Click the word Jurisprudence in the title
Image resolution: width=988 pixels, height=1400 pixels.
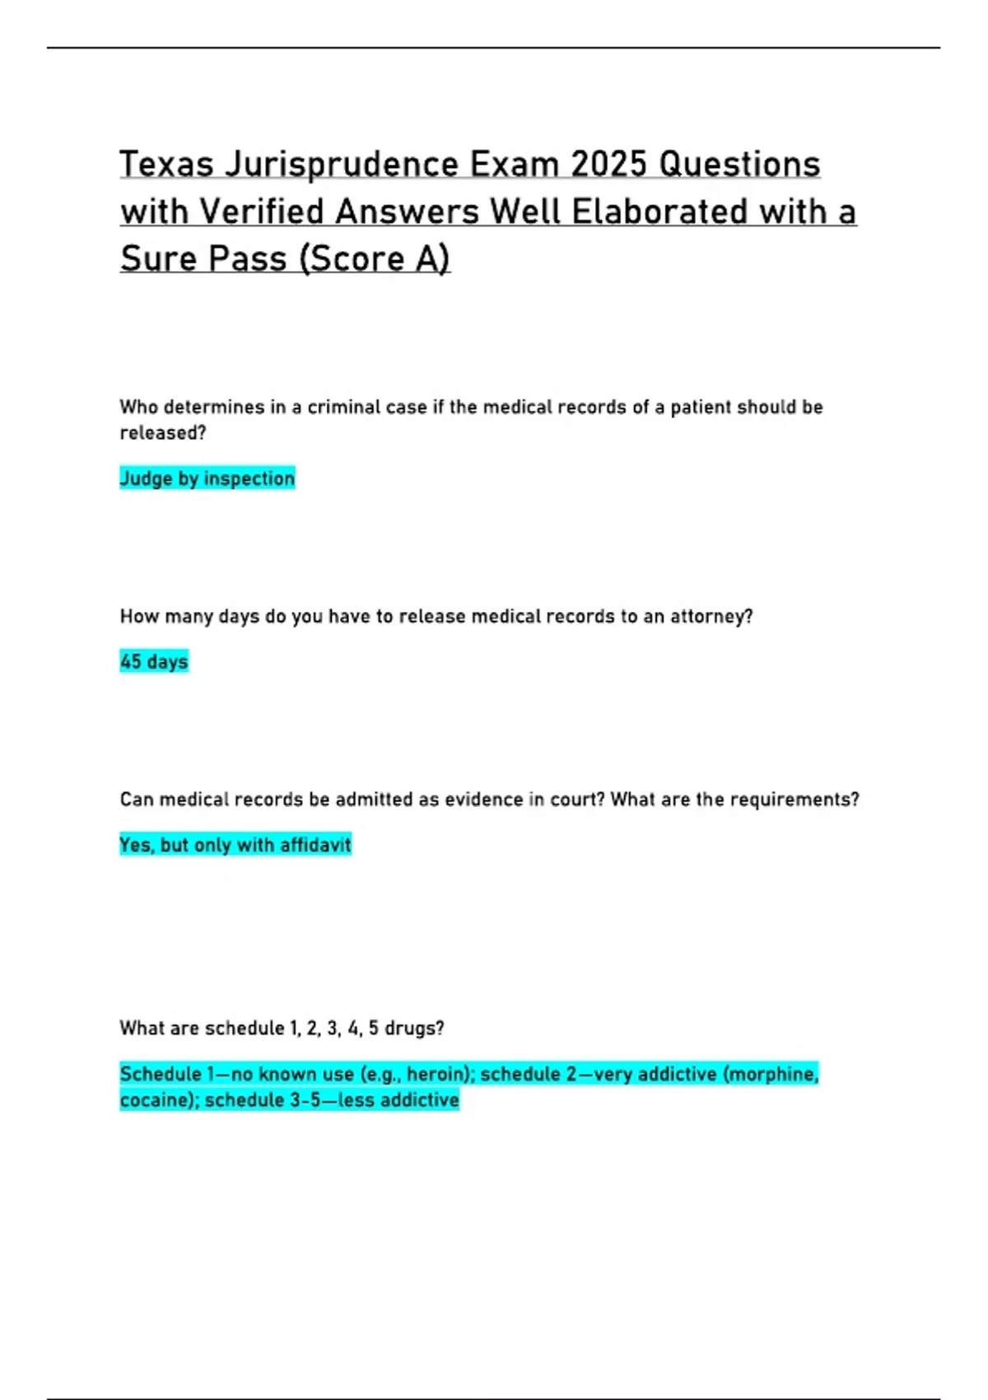342,165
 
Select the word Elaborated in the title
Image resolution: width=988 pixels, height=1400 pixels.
659,212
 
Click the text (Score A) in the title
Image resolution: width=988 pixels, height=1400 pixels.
375,259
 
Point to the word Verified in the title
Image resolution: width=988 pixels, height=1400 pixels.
262,212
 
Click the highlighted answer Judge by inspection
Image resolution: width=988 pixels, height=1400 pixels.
207,478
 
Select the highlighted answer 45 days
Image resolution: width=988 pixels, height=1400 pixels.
154,661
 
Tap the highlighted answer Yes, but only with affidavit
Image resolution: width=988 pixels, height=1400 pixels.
235,845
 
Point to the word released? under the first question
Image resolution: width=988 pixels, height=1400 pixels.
163,433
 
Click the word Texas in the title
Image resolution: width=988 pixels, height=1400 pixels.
167,165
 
